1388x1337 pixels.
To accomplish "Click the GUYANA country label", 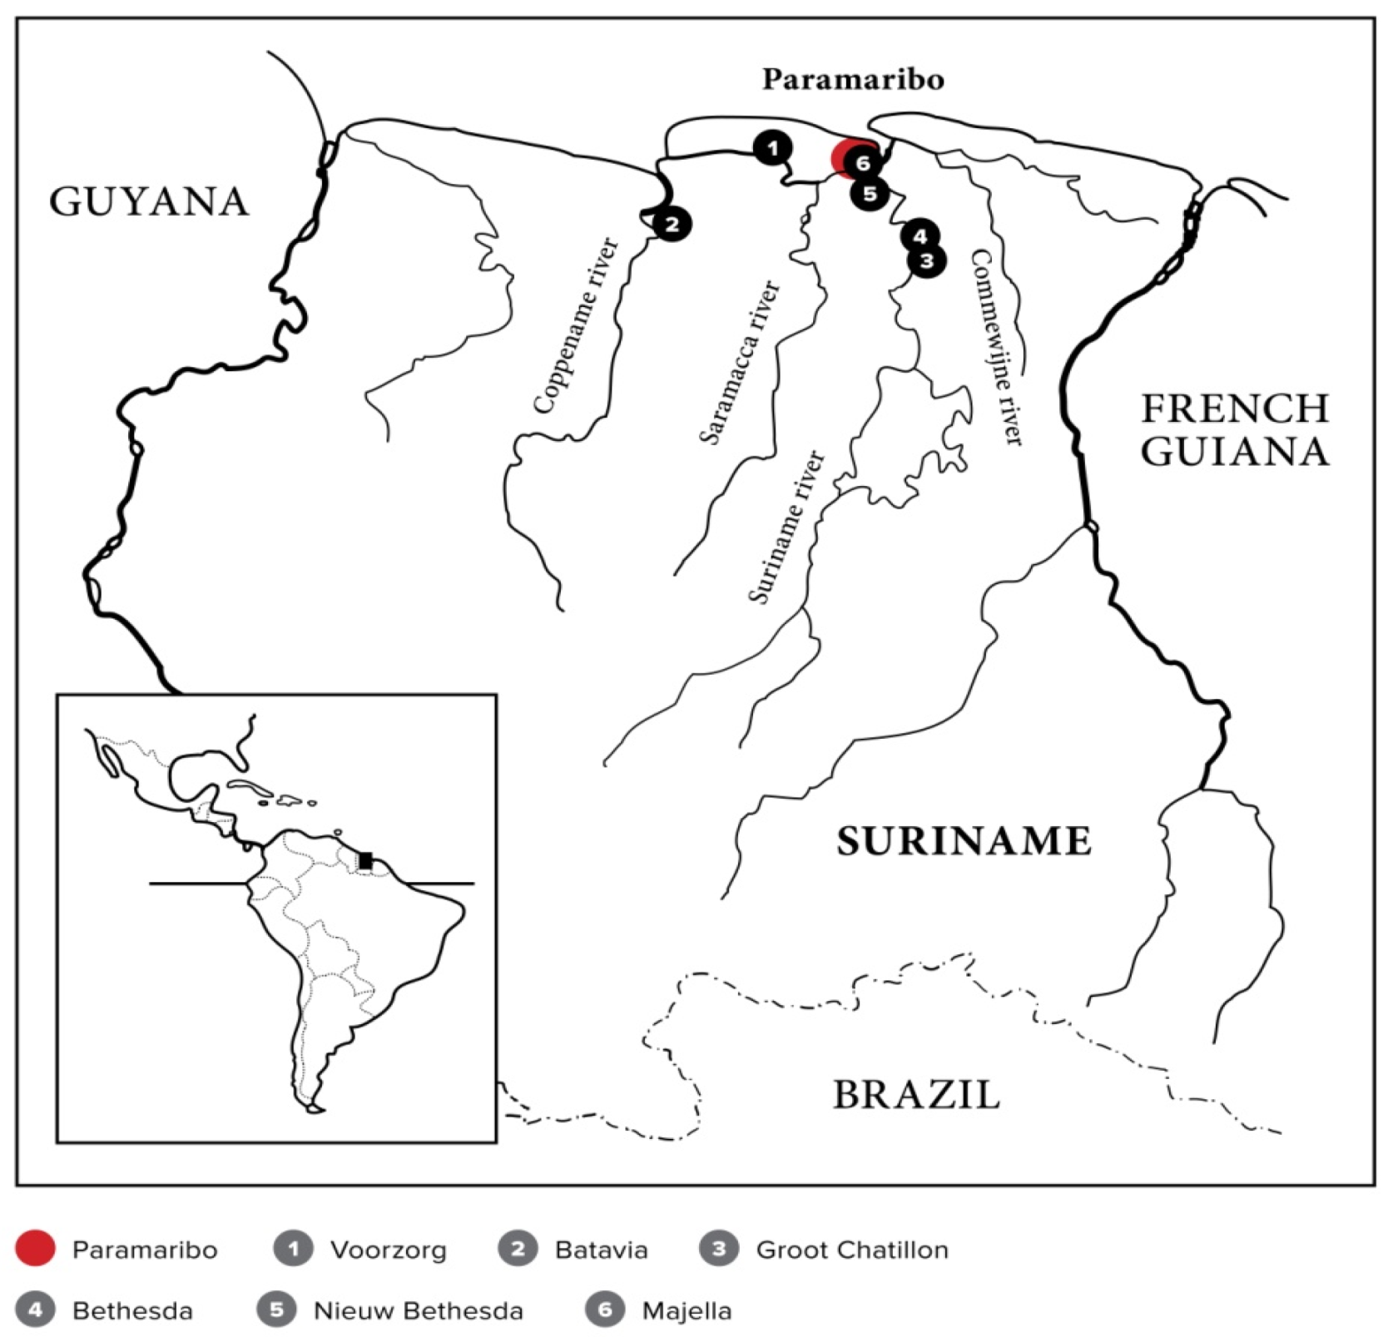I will click(x=149, y=201).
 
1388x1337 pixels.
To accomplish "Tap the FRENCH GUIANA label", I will click(x=1234, y=430).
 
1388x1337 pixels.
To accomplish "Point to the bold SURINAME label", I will click(x=964, y=841).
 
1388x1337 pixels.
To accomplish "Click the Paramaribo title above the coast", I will click(x=853, y=80).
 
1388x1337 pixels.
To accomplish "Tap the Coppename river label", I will click(x=576, y=326).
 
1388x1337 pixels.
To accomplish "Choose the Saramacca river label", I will click(x=740, y=362).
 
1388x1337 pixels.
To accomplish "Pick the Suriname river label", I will click(x=786, y=527).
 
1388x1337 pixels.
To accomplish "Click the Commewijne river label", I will click(x=996, y=348).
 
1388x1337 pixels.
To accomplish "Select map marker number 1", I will click(x=773, y=148).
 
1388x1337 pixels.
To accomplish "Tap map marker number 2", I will click(x=672, y=224).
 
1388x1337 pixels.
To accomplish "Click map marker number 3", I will click(x=927, y=260).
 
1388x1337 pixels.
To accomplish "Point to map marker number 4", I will click(x=920, y=236).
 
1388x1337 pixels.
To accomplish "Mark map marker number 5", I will click(x=870, y=194).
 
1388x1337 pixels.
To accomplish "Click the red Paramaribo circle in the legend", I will click(x=35, y=1249).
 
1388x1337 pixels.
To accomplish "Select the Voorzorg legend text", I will click(x=388, y=1250).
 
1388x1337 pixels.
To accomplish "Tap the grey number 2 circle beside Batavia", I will click(x=518, y=1249).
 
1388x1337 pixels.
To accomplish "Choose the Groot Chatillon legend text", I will click(x=852, y=1250).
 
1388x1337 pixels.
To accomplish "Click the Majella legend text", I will click(x=687, y=1311).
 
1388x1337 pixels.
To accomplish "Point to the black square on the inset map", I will click(x=365, y=860).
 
